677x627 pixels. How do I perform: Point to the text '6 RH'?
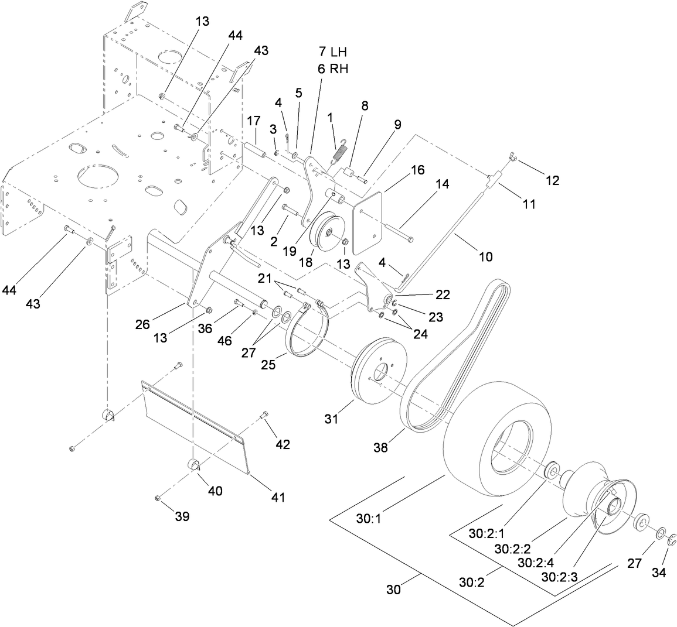pyautogui.click(x=333, y=68)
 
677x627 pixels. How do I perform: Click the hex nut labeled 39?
pyautogui.click(x=158, y=498)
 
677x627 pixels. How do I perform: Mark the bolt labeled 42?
pyautogui.click(x=265, y=417)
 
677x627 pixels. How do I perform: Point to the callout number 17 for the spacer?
pyautogui.click(x=253, y=121)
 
